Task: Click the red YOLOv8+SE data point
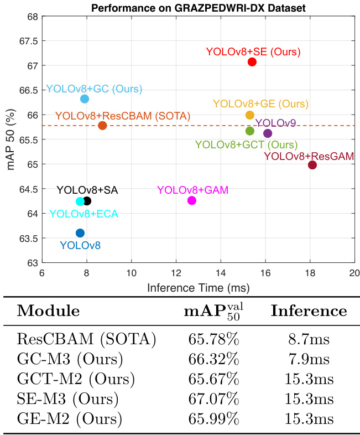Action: tap(252, 62)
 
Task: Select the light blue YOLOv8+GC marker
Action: tap(85, 99)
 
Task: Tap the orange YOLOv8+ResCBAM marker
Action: tap(102, 126)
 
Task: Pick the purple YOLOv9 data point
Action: tap(268, 133)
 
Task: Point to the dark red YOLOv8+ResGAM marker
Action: tap(312, 165)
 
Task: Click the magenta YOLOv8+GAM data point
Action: tap(192, 200)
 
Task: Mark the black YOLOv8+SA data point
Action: tap(87, 201)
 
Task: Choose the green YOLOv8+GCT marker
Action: tap(250, 131)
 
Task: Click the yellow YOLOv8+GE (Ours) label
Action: tap(260, 103)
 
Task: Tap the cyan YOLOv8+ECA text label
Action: tap(84, 214)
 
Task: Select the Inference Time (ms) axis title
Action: tap(198, 288)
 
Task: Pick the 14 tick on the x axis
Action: tap(221, 274)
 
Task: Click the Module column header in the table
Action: tap(48, 310)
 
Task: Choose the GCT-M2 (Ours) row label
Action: tap(76, 379)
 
